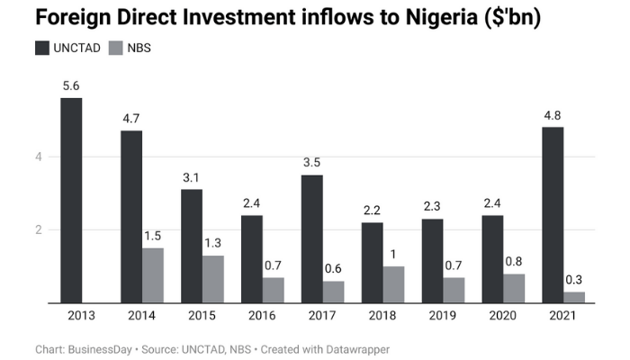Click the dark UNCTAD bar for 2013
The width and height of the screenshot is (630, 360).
(x=71, y=201)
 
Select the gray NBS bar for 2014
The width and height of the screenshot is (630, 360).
(x=153, y=275)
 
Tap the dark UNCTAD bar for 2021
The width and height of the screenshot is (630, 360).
(x=553, y=215)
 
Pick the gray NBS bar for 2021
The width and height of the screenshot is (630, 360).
(x=574, y=297)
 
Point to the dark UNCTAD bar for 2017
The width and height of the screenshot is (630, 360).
(x=311, y=239)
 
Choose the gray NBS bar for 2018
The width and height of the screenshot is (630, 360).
(x=393, y=284)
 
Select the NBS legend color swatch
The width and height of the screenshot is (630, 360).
(x=114, y=49)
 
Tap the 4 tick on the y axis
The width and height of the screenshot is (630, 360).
(x=40, y=157)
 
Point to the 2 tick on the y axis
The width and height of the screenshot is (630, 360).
(x=40, y=229)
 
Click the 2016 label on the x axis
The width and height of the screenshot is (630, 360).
(x=262, y=317)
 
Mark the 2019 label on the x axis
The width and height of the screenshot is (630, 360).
(x=443, y=317)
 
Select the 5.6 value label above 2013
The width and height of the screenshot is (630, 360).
(x=71, y=86)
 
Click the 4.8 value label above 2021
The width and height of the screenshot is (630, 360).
(x=553, y=115)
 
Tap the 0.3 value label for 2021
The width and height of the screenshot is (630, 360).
(x=575, y=280)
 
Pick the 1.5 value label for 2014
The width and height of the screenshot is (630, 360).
(x=154, y=236)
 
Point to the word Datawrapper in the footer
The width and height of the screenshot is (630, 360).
(x=355, y=348)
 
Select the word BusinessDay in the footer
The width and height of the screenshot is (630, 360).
(x=102, y=348)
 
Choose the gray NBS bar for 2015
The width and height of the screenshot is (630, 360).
(x=213, y=279)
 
